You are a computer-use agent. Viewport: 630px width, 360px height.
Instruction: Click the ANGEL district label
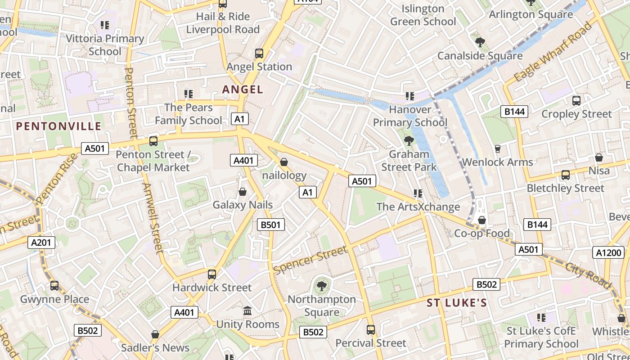[243, 90]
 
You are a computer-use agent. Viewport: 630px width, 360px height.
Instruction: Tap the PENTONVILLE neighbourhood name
[59, 126]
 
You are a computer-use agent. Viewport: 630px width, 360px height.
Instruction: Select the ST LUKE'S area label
[457, 303]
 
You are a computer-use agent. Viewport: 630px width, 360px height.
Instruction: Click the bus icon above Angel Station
[259, 54]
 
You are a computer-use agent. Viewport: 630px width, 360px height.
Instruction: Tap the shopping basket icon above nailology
[284, 162]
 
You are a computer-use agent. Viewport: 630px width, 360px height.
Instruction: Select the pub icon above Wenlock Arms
[497, 149]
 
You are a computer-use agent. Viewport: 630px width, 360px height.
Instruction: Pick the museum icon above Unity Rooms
[247, 311]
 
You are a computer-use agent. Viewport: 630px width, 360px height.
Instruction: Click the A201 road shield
[42, 243]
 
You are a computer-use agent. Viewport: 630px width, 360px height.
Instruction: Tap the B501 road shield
[271, 225]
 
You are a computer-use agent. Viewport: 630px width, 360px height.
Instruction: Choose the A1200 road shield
[608, 253]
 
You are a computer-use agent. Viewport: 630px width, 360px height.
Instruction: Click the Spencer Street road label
[310, 260]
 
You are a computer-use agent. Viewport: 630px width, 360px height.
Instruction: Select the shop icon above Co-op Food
[482, 220]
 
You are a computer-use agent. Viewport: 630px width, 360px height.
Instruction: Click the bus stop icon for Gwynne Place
[54, 286]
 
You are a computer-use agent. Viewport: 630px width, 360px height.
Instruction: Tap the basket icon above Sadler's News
[155, 335]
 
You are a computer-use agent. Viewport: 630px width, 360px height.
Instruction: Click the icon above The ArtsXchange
[418, 193]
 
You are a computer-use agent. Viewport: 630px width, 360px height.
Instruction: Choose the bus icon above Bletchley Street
[566, 175]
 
